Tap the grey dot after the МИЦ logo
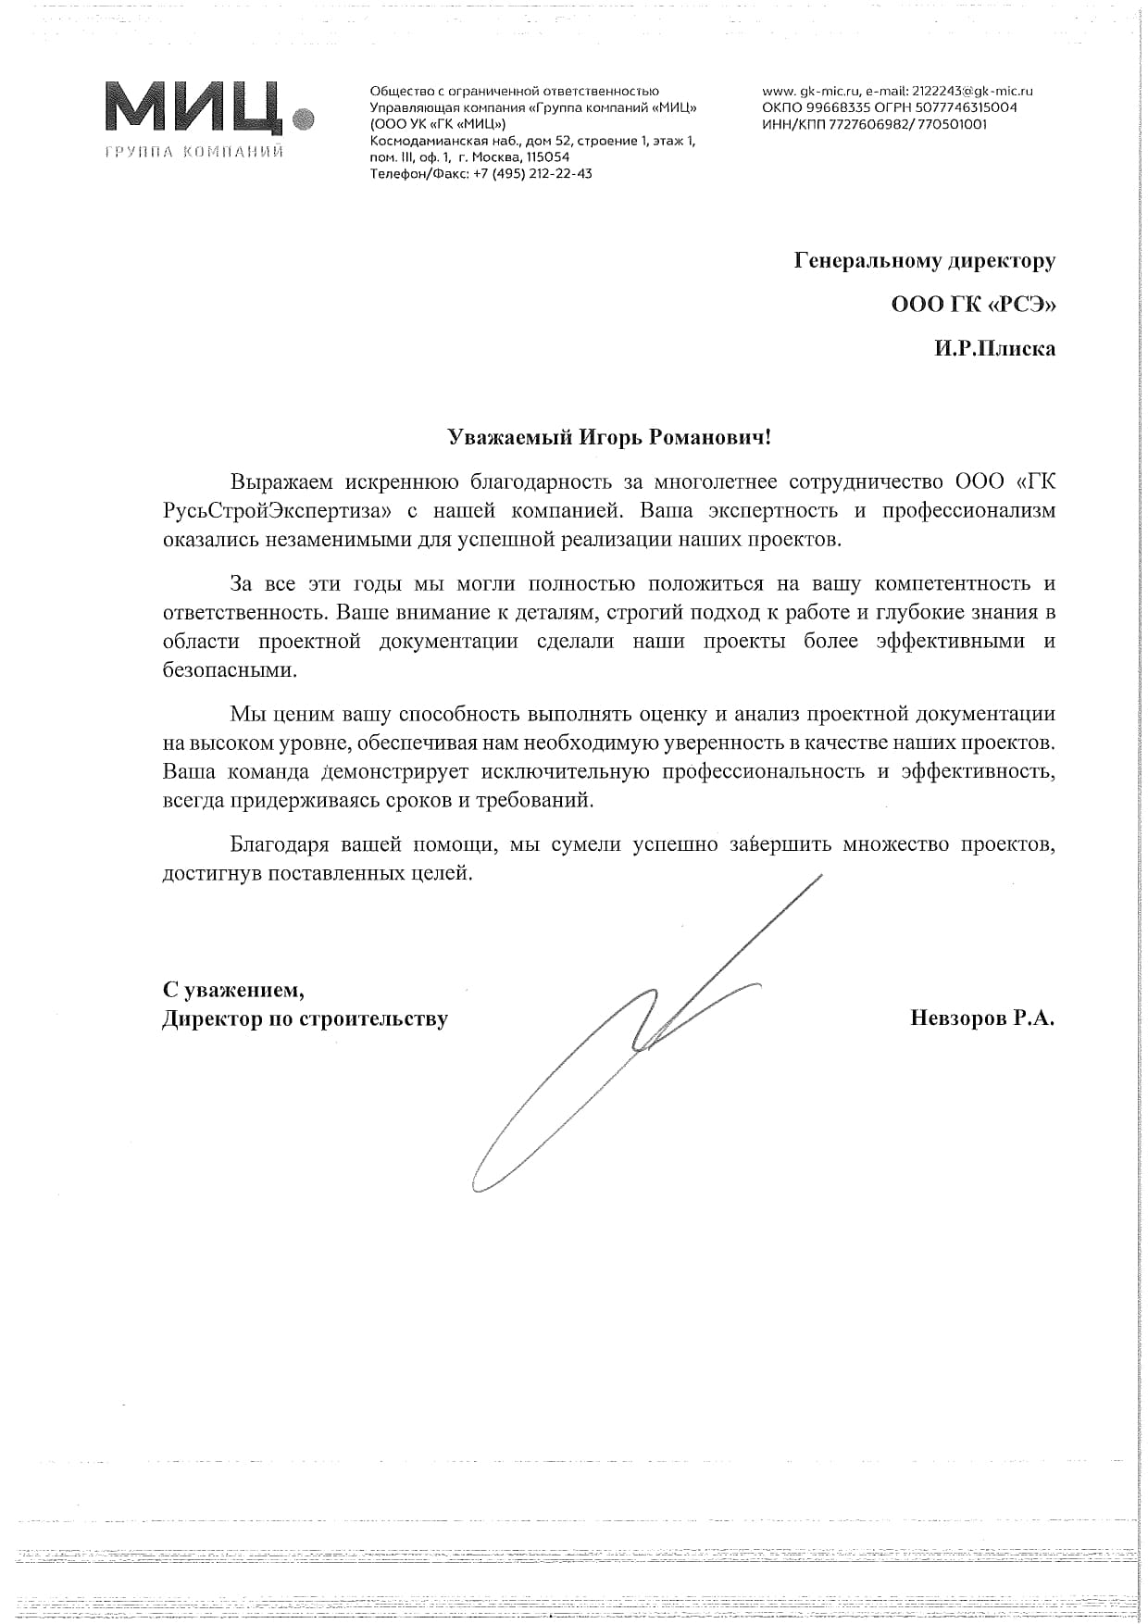coord(304,119)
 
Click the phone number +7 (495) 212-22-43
coord(532,173)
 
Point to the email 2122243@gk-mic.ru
coord(972,91)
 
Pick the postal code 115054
coord(548,156)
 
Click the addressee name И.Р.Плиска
coord(994,349)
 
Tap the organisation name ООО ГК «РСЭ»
coord(973,305)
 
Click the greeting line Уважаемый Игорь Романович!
coord(608,437)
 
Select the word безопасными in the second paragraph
coord(229,670)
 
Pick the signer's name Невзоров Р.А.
coord(982,1018)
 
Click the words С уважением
coord(233,990)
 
